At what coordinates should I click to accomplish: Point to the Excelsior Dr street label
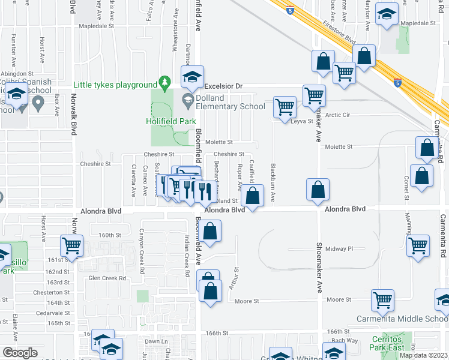[223, 86]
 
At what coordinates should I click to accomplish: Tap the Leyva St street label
[302, 121]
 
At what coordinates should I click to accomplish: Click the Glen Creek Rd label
[107, 278]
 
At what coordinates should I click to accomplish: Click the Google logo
[20, 352]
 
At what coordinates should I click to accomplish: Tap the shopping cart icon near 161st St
[72, 245]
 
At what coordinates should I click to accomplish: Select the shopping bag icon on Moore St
[211, 292]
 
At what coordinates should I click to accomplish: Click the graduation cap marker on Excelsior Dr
[192, 76]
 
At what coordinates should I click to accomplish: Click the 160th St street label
[106, 235]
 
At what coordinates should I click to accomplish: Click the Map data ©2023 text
[423, 355]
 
